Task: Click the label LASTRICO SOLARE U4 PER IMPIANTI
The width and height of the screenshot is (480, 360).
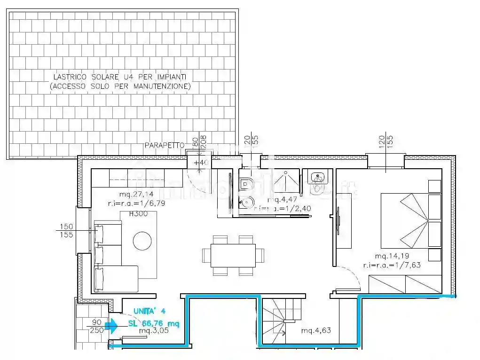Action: [x=120, y=76]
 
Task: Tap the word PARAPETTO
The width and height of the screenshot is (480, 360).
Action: [x=164, y=146]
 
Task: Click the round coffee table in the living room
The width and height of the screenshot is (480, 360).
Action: [x=142, y=241]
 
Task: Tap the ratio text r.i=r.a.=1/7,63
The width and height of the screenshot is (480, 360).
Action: [x=391, y=265]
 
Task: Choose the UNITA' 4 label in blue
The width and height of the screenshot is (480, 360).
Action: [x=150, y=311]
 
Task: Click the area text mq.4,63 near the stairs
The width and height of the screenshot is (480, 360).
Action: [x=316, y=330]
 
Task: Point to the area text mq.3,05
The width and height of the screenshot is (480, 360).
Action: [x=153, y=330]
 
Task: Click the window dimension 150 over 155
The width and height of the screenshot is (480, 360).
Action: [x=66, y=231]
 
